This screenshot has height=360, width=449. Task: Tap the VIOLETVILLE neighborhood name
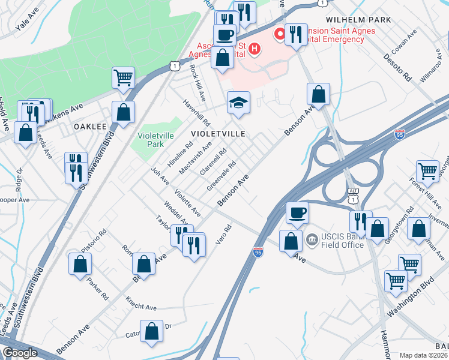click(218, 133)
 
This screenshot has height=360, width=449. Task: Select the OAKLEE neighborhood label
click(90, 127)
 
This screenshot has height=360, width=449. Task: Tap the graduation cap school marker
click(238, 103)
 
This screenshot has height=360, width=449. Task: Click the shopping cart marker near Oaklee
click(123, 77)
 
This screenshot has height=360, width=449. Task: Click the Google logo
click(20, 353)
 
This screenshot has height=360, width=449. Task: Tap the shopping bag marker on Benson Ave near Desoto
click(319, 94)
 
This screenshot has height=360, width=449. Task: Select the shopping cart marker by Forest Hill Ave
click(427, 170)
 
